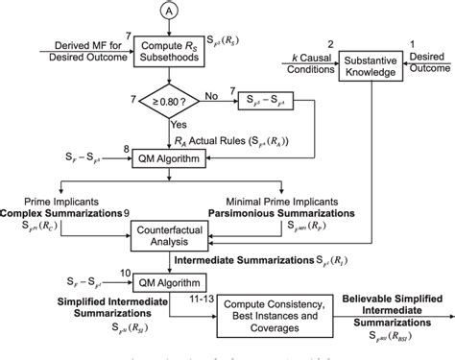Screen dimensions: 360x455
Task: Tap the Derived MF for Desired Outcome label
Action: [75, 53]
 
